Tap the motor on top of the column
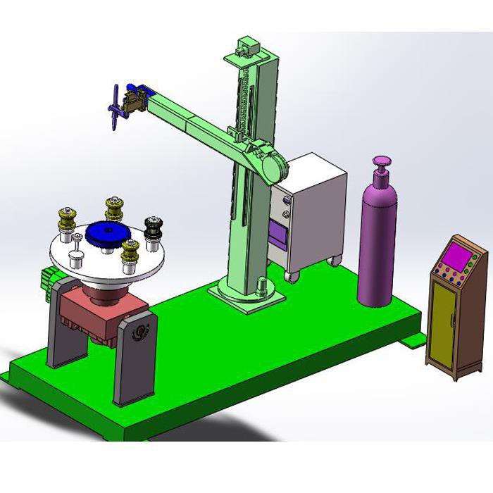point(246,48)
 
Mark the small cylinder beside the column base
point(261,287)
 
